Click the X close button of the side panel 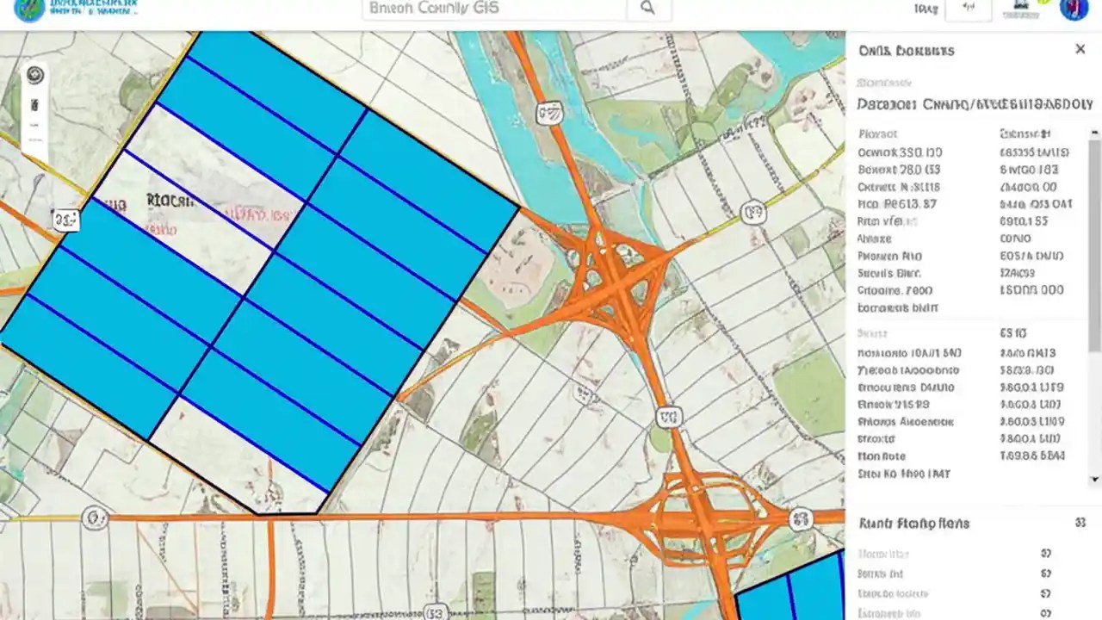(1080, 49)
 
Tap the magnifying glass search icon (647, 9)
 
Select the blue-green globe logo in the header (28, 9)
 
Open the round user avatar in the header (1074, 9)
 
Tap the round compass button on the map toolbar (35, 75)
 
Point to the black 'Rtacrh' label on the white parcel (170, 201)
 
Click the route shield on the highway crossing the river (548, 113)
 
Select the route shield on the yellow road (753, 212)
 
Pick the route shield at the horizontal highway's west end (94, 518)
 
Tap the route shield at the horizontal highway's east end (801, 519)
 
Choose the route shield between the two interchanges (668, 418)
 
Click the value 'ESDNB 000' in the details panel (1031, 290)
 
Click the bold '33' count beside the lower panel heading (1080, 523)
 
